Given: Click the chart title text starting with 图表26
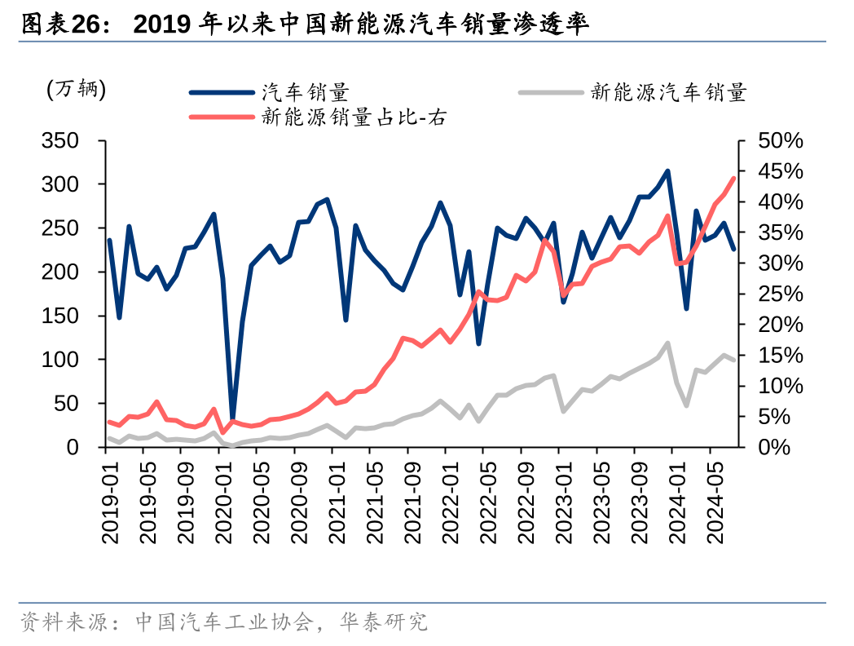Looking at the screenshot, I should coord(303,24).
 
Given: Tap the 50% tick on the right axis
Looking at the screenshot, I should coord(780,141).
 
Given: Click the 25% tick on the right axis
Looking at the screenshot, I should coord(780,294).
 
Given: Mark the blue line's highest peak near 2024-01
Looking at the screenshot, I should coord(668,171).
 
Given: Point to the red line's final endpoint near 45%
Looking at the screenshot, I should coord(733,178).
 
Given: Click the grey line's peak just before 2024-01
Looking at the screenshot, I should coord(668,343).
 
